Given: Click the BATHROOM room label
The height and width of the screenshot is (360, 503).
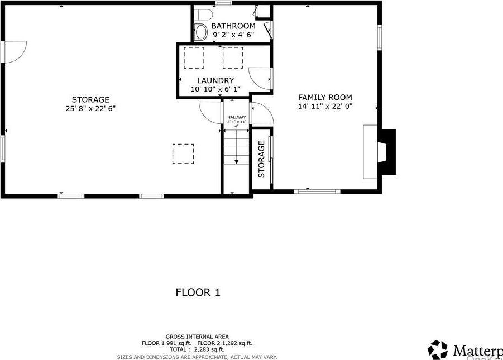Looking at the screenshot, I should [234, 26].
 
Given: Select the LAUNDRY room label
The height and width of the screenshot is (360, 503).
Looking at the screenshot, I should [215, 80].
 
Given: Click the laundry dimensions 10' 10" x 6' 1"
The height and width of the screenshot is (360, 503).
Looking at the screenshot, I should [215, 89].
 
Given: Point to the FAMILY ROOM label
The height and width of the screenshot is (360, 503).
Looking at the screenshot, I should [325, 97].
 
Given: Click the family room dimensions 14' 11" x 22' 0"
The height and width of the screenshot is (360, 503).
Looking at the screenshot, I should [325, 105].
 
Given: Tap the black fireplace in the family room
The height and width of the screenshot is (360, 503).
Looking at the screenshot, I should [386, 152].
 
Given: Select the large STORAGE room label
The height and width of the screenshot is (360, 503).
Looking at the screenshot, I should [90, 100].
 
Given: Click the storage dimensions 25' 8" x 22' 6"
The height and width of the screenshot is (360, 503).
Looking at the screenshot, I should [90, 109].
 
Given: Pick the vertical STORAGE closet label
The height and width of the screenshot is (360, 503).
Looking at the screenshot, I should [261, 159].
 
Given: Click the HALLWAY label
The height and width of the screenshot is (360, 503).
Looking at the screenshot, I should [236, 117].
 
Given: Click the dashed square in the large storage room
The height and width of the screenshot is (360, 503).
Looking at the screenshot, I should [183, 154].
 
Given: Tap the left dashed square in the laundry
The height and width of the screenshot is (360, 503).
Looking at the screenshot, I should [194, 57].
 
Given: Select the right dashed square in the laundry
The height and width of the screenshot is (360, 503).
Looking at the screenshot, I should [233, 57].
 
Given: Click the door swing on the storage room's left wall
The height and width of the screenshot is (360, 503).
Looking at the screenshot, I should [15, 51].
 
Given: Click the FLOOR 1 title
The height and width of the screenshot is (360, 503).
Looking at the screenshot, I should [198, 292].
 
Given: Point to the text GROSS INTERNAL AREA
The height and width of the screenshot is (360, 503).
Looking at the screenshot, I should [197, 337].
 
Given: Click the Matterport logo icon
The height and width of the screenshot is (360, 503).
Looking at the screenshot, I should [438, 350].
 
